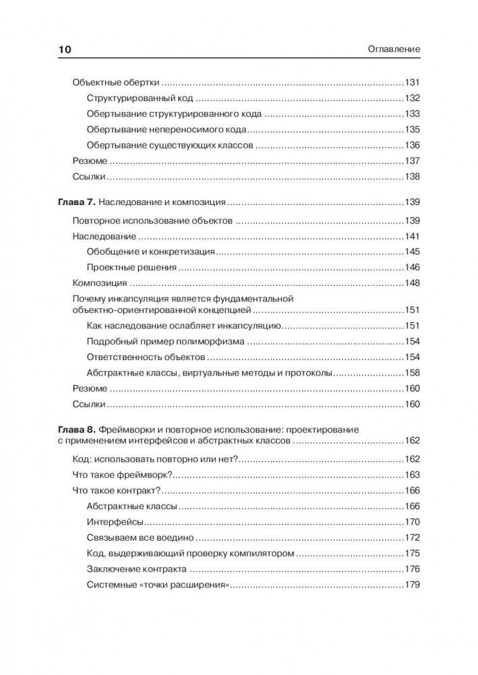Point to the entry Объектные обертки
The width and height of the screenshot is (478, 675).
(115, 82)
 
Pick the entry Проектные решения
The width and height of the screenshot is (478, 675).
(131, 267)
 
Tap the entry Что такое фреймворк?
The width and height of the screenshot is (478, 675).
(123, 475)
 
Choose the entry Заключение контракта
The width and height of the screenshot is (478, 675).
(140, 568)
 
